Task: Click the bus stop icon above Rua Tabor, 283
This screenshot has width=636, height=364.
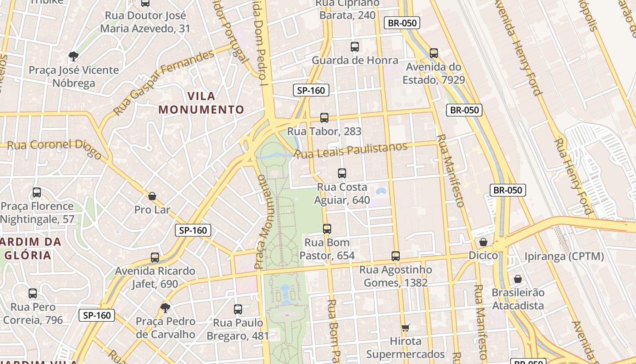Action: point(324,117)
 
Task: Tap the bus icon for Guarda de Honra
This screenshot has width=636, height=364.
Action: point(354,46)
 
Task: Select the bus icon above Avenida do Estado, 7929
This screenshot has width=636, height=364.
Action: point(433,53)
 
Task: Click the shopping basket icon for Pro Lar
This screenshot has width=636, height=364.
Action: point(152,196)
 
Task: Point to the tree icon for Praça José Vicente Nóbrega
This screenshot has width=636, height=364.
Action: point(73,56)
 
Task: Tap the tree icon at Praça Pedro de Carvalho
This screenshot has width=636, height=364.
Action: point(165,308)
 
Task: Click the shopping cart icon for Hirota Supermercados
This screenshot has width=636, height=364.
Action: point(405,328)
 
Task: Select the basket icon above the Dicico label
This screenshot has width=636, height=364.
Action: point(483,242)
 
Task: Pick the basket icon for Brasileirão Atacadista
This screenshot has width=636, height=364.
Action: point(517,278)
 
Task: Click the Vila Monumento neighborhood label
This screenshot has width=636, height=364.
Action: point(201,103)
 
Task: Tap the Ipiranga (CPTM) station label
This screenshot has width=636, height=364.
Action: point(564,256)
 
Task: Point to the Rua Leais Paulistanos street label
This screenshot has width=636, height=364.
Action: point(351,150)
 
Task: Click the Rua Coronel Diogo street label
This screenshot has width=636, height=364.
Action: point(55,147)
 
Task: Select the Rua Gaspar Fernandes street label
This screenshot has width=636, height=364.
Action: point(164,82)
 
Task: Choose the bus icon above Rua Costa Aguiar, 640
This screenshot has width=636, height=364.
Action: point(342,173)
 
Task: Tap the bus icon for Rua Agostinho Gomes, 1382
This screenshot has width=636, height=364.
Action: point(396,256)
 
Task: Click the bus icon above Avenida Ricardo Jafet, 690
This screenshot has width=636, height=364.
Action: point(155,257)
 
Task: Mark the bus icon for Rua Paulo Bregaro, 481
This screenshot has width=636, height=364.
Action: point(238,309)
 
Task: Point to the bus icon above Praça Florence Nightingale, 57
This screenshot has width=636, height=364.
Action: point(37,192)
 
